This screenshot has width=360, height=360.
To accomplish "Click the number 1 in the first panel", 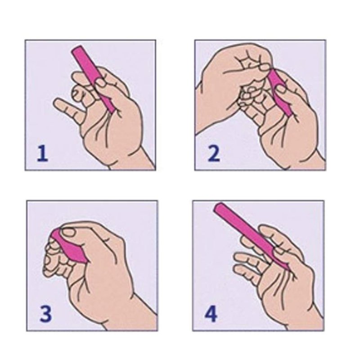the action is click(42, 153).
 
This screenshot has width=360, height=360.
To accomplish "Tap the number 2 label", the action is click(213, 153).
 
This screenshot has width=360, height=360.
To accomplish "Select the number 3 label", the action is click(46, 314).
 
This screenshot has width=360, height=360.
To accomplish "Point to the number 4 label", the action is click(211, 314).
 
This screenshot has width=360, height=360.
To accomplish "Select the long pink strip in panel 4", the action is click(250, 235).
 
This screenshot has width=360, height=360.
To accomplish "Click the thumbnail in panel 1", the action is click(100, 82).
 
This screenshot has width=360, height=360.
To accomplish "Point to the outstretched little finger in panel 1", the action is click(65, 108).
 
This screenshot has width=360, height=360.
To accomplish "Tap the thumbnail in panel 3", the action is click(69, 233).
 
